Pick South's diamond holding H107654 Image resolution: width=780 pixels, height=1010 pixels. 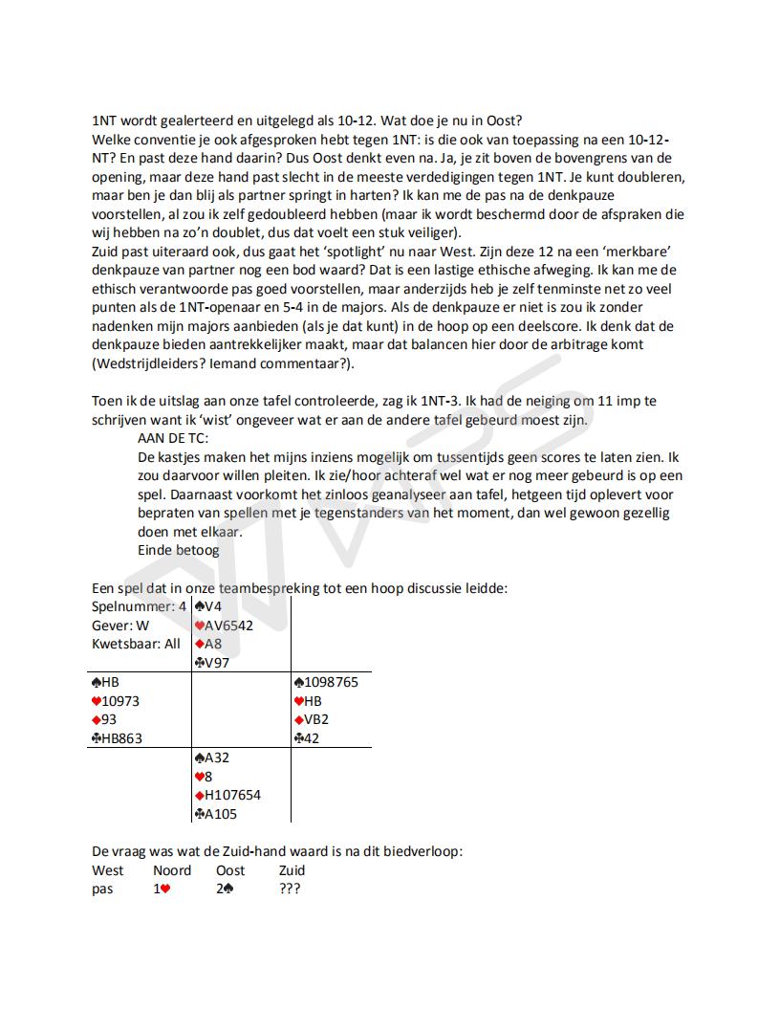pos(227,795)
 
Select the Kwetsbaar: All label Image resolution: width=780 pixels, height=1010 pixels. pos(136,644)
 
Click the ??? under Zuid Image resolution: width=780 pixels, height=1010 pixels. pos(290,889)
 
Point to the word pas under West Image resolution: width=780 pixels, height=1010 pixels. pos(102,889)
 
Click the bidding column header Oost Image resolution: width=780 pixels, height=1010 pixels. pos(230,870)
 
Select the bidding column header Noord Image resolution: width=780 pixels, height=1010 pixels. pos(172,870)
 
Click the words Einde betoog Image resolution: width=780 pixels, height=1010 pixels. pos(179,550)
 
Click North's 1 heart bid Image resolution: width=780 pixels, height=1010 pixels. pos(162,889)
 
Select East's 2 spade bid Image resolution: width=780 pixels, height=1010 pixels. pos(226,889)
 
